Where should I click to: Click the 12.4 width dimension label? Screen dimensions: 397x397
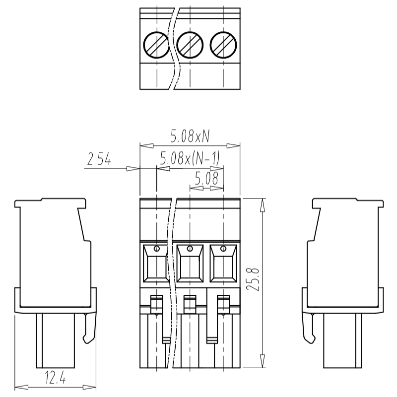[55, 377]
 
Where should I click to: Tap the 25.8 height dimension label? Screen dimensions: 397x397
[253, 279]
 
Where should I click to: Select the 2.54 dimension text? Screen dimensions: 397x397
[99, 159]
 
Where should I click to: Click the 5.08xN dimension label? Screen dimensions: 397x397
[190, 136]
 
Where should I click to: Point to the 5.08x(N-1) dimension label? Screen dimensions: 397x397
[190, 158]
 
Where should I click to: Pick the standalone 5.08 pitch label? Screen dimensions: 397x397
[206, 178]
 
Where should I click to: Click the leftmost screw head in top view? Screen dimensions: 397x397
[156, 45]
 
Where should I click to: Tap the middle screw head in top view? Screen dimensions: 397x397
[190, 45]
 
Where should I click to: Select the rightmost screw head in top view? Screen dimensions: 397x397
[223, 45]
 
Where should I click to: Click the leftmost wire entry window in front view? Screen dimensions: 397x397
[156, 264]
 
